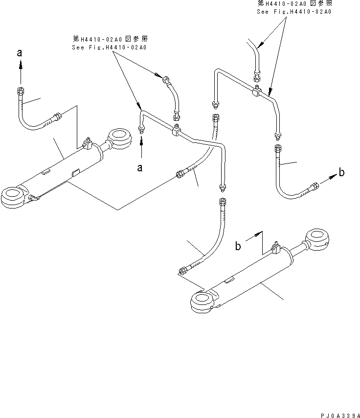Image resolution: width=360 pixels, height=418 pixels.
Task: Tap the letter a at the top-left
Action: pyautogui.click(x=20, y=54)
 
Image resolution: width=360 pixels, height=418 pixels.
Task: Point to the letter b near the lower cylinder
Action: pyautogui.click(x=238, y=246)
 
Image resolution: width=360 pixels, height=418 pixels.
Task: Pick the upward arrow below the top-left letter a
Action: pyautogui.click(x=20, y=73)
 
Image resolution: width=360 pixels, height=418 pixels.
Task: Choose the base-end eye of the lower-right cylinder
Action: pyautogui.click(x=201, y=300)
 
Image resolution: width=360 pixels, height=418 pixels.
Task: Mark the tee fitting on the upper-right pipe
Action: pyautogui.click(x=257, y=91)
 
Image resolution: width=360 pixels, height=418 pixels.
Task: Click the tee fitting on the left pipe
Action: pyautogui.click(x=175, y=131)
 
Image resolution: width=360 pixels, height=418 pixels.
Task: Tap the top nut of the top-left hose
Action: pyautogui.click(x=20, y=91)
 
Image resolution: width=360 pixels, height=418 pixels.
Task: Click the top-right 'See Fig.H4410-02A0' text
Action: pyautogui.click(x=293, y=11)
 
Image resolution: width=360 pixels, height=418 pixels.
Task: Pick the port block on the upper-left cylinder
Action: pyautogui.click(x=89, y=144)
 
